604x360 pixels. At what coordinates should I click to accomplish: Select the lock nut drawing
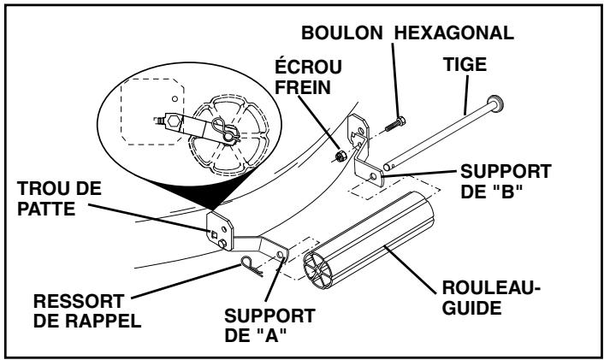click(x=340, y=156)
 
